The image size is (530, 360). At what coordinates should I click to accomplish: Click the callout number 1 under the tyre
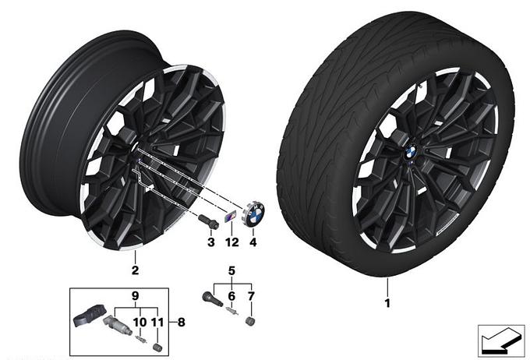(x=387, y=302)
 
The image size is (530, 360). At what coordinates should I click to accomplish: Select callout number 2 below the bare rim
(x=135, y=270)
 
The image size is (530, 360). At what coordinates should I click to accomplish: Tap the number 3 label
(x=211, y=242)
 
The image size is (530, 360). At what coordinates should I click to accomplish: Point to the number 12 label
(x=232, y=242)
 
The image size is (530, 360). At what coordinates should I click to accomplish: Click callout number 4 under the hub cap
(x=253, y=242)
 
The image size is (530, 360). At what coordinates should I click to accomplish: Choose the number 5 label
(x=231, y=270)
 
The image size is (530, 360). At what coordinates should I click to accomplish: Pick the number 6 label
(x=231, y=296)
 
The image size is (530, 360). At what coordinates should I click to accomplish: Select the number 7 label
(x=251, y=296)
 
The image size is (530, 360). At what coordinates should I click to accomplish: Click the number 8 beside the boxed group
(x=182, y=322)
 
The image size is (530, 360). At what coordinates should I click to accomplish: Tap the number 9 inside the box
(x=135, y=296)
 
